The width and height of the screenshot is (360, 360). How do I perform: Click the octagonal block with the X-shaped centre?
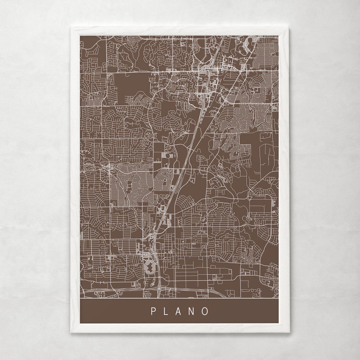pos(149,267)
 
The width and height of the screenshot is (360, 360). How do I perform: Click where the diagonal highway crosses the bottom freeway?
pos(159,288)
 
